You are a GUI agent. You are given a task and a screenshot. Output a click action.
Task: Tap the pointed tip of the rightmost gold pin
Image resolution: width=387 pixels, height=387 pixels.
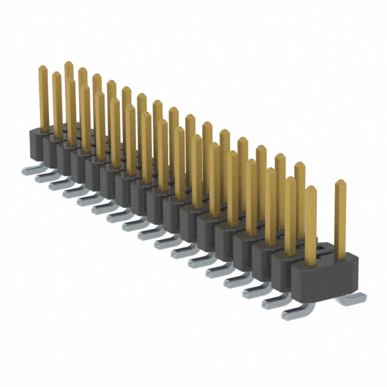pos(340,182)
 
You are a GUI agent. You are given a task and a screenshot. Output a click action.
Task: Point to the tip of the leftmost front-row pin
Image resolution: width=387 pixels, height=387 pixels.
pos(43,68)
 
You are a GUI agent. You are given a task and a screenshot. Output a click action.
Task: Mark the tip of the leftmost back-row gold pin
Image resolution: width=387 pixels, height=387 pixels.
pos(68,63)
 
